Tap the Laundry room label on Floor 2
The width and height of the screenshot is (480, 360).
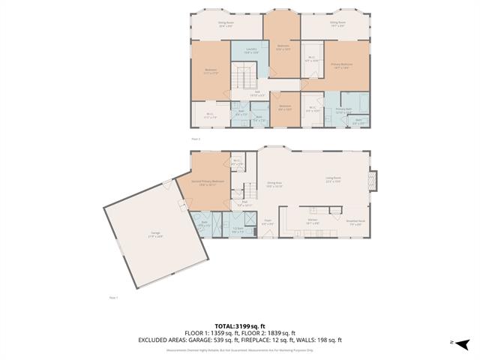[x=251, y=50]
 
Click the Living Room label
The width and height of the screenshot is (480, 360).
[x=333, y=180]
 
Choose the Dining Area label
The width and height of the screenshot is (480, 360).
[x=274, y=184]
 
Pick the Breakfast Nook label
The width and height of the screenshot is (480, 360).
[x=355, y=222]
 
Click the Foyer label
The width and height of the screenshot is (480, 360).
[x=267, y=221]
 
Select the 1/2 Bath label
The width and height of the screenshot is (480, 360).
[x=238, y=230]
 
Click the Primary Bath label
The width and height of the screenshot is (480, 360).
[x=343, y=109]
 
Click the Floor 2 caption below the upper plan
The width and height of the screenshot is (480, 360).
[x=196, y=139]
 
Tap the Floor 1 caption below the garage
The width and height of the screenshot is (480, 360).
[x=113, y=298]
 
